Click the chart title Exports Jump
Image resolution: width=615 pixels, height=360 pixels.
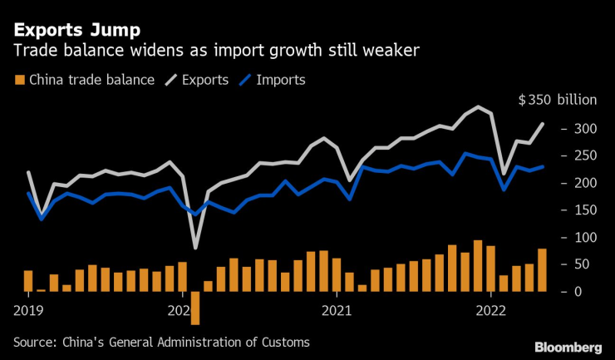[69, 32]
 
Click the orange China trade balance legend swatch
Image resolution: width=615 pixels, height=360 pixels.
[19, 81]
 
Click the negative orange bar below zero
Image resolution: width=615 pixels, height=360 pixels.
[195, 308]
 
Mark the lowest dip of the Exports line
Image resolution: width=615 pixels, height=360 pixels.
[195, 247]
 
